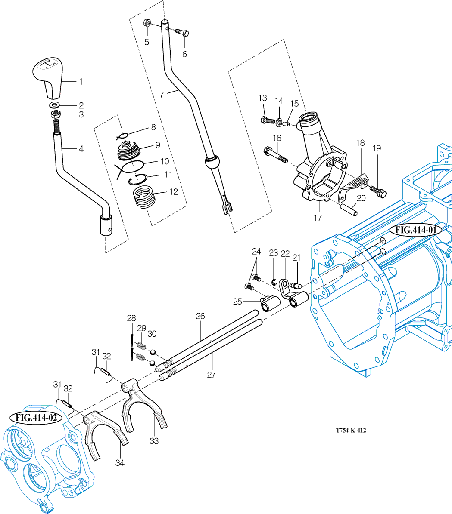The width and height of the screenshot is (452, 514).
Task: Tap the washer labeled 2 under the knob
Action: click(x=55, y=105)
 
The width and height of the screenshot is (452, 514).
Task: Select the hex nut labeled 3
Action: click(x=55, y=114)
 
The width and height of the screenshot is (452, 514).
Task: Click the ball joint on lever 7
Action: click(x=212, y=163)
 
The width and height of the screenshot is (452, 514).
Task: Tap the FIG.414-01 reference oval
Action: click(x=416, y=230)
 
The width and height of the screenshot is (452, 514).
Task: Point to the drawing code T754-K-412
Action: click(x=351, y=430)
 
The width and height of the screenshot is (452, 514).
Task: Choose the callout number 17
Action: click(x=318, y=218)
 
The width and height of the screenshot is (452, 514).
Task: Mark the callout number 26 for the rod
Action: click(x=200, y=316)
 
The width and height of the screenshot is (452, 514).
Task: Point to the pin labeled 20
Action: click(x=350, y=209)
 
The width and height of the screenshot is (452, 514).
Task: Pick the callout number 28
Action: click(x=131, y=318)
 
